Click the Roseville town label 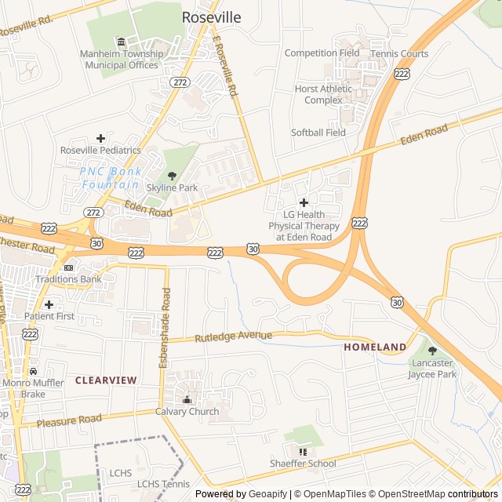(212, 16)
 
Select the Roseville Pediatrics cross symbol (100, 138)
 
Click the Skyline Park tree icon (173, 176)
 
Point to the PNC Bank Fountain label (111, 177)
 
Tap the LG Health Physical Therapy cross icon (304, 202)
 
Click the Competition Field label (322, 53)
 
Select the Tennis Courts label (399, 54)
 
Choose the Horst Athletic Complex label (324, 94)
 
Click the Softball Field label (318, 133)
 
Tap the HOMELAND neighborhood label (375, 347)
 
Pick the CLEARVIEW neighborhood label (106, 380)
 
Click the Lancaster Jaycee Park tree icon (431, 351)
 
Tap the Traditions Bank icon (68, 267)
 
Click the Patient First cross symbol (49, 304)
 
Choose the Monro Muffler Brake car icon (33, 371)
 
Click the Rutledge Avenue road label (233, 337)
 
